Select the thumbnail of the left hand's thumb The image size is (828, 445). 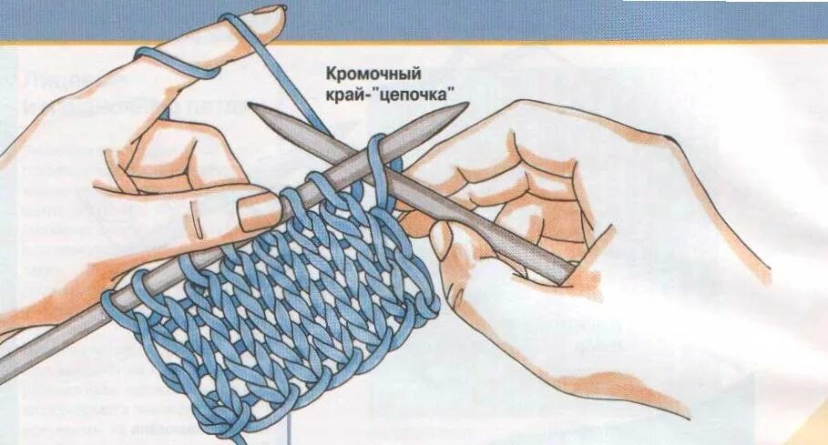(257, 211)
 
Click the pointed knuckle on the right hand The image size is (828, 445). (670, 137)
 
